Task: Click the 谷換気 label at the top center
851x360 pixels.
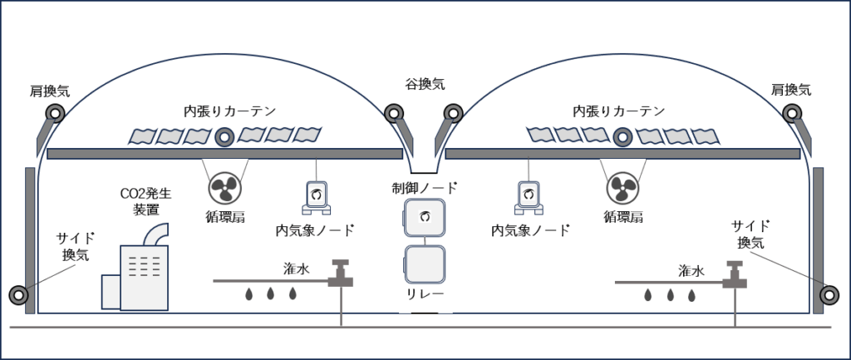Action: coord(425,84)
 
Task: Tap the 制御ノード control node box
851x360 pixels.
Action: coord(425,219)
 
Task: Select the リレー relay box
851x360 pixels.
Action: coord(425,265)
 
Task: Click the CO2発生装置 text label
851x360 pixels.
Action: coord(145,202)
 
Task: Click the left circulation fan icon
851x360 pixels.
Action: coord(224,188)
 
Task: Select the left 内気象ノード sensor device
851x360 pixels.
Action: coord(316,196)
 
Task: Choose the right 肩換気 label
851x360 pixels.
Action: coord(791,90)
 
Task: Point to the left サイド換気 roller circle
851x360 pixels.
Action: coord(17,294)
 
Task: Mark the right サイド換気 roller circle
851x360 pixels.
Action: coord(829,293)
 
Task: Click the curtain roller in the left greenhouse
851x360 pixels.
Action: coord(224,137)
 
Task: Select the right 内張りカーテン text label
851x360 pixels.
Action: coord(619,110)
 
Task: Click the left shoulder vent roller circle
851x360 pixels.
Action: coord(55,114)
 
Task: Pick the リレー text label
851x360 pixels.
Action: coord(425,294)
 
